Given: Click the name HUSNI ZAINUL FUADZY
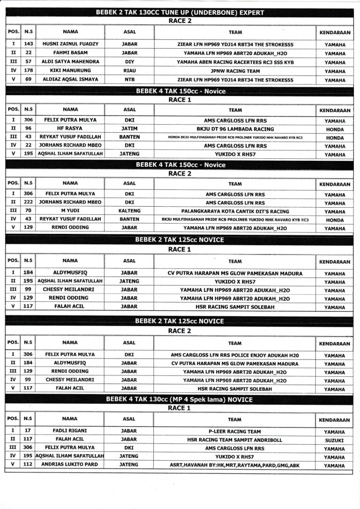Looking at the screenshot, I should [70, 44].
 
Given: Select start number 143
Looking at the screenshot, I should [28, 44].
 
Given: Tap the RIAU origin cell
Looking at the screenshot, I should [129, 71].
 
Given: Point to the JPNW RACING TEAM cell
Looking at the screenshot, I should [235, 71].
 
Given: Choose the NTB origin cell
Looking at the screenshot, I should [129, 80].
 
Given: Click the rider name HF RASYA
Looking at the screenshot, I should [70, 128].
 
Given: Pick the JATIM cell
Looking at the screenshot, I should [129, 128].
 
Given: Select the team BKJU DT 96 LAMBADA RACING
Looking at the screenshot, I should [235, 128].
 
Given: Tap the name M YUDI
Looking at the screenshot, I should [70, 211].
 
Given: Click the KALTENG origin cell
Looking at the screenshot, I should [129, 211].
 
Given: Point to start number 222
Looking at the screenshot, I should [28, 202].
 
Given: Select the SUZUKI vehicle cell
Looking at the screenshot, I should [334, 440].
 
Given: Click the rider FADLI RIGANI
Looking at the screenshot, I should [70, 431].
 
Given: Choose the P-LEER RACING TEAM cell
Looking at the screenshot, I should [235, 431].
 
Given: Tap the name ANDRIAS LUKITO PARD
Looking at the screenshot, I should [70, 465].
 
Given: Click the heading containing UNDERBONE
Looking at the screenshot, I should [180, 13].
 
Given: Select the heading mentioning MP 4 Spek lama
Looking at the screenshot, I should [180, 399].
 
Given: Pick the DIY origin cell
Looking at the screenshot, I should [129, 62].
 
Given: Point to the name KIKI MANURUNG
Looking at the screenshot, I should [70, 71].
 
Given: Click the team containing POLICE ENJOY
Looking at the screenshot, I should [235, 355].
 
